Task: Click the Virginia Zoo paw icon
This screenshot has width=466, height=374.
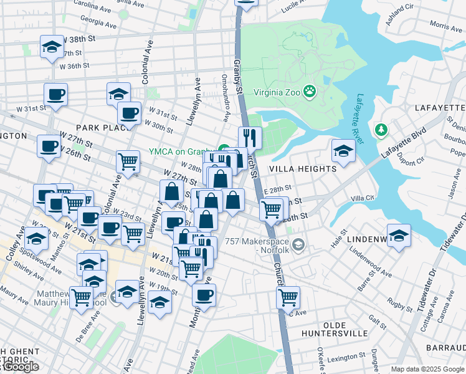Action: (x=310, y=92)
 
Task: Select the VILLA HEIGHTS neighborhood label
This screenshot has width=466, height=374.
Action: (x=302, y=168)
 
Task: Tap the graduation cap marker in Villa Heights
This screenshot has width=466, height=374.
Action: (x=343, y=151)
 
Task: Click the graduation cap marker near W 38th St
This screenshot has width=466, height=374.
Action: (x=52, y=46)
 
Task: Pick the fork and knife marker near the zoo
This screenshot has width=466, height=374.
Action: (x=250, y=137)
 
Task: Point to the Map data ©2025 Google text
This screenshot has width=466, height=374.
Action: (x=427, y=369)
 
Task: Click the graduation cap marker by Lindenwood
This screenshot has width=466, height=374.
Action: (x=399, y=236)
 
